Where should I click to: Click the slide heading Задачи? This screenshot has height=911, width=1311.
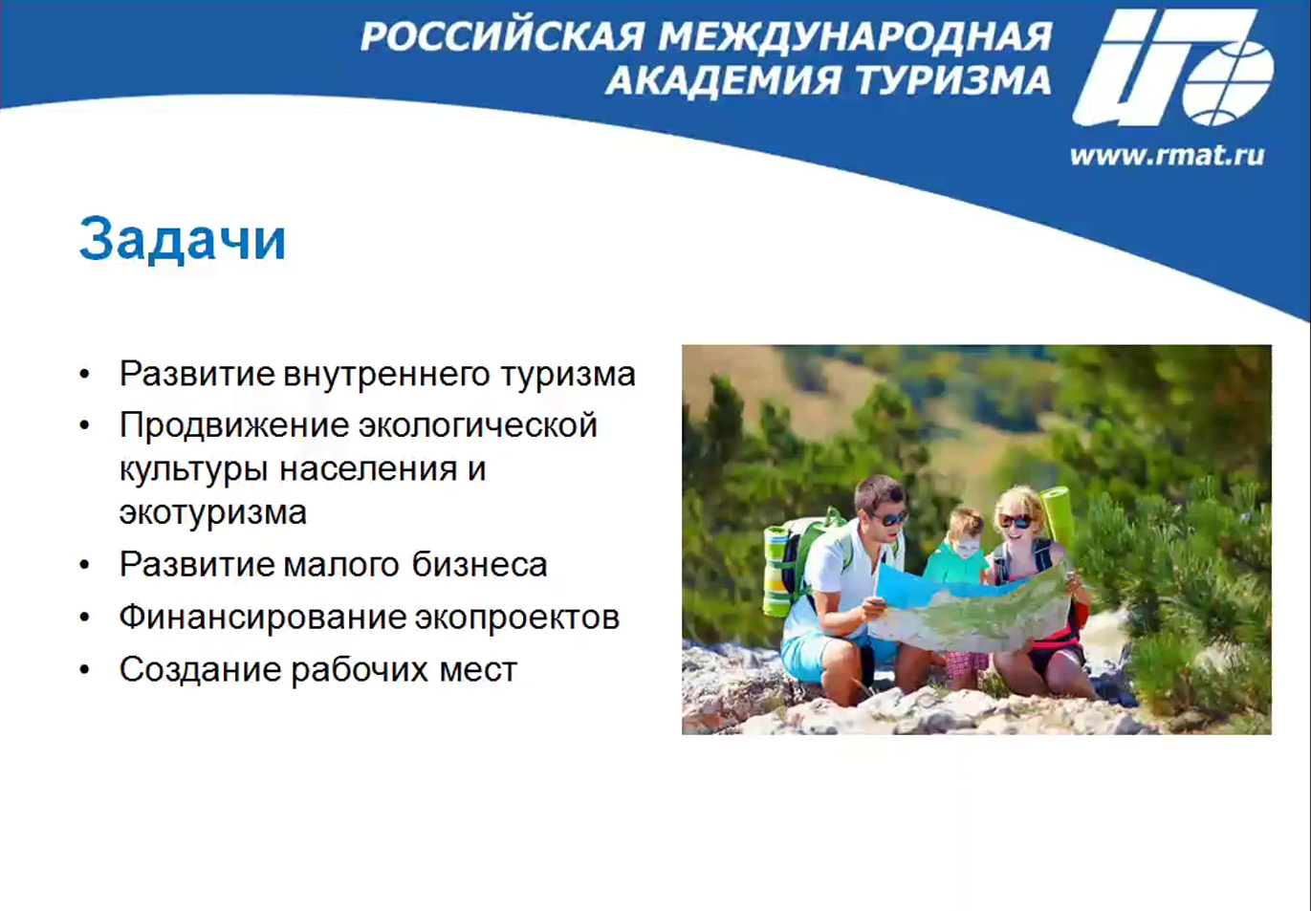coord(183,240)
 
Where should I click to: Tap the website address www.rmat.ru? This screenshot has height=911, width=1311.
coord(1167,156)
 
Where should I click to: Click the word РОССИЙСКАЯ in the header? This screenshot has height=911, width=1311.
coord(503,36)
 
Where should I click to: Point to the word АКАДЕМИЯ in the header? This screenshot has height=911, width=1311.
coord(725,80)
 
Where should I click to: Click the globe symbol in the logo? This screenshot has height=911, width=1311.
coord(1228,83)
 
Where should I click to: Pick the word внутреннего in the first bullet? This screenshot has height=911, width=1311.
coord(386,374)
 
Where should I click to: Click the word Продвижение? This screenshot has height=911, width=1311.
coord(234,425)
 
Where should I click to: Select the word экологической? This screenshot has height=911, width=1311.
coord(477,425)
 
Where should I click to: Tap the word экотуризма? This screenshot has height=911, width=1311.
coord(213,512)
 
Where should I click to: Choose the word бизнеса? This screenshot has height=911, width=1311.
coord(479,565)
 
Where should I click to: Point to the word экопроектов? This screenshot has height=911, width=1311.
coord(516,618)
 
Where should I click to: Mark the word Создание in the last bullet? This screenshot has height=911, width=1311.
coord(200,669)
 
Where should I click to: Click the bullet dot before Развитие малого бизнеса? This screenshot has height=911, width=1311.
coord(85,566)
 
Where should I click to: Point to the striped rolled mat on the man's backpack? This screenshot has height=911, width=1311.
coord(777,572)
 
